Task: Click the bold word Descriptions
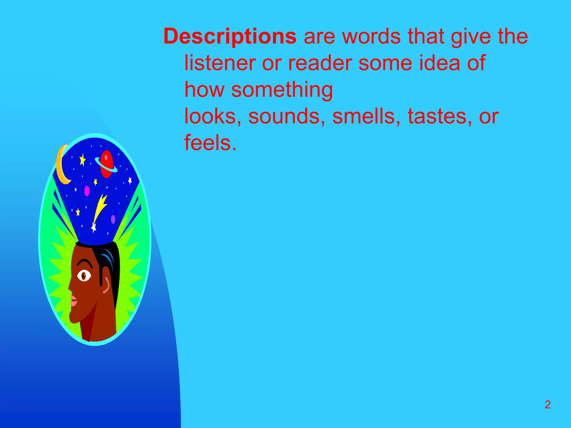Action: pyautogui.click(x=230, y=37)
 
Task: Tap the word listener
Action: pyautogui.click(x=220, y=63)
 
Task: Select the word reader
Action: pyautogui.click(x=320, y=63)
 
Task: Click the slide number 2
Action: pyautogui.click(x=548, y=405)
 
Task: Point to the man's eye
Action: pyautogui.click(x=84, y=276)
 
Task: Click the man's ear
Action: pyautogui.click(x=106, y=285)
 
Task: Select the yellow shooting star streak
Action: pyautogui.click(x=100, y=206)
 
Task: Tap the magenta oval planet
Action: pyautogui.click(x=87, y=191)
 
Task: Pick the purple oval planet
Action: pyautogui.click(x=113, y=219)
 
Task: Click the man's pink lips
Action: pyautogui.click(x=73, y=301)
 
